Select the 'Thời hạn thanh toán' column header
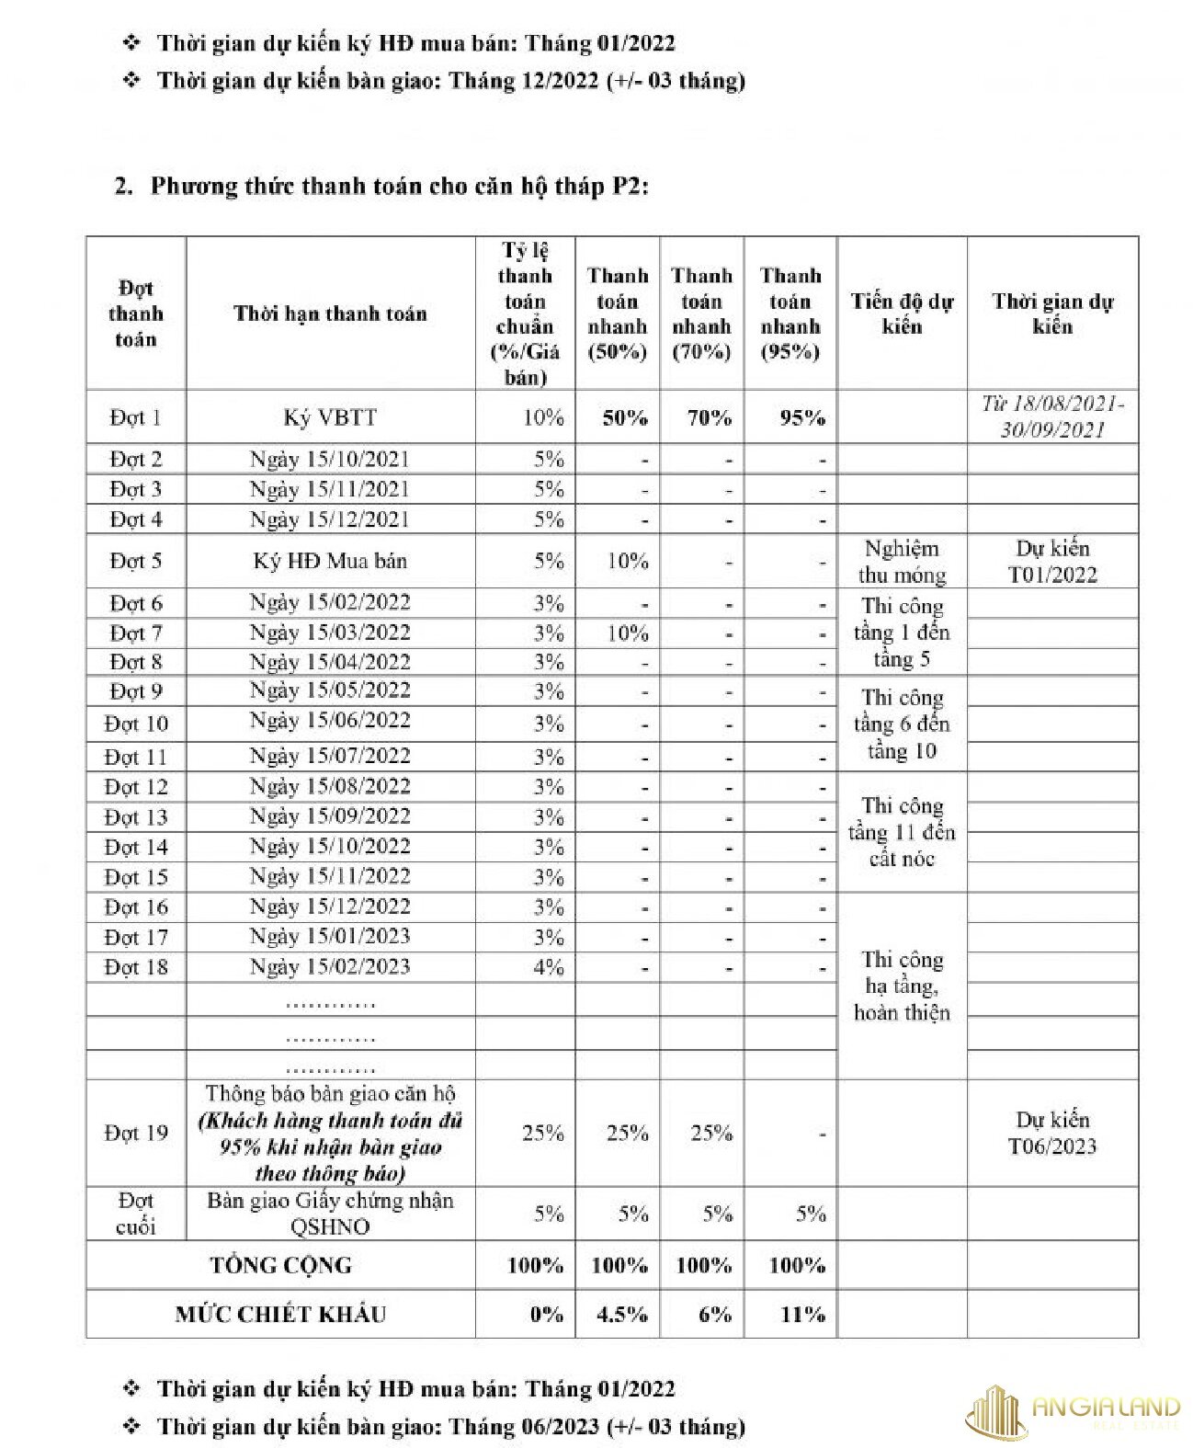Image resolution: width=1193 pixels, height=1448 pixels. point(330,314)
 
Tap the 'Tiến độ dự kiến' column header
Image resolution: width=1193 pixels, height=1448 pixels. point(902,314)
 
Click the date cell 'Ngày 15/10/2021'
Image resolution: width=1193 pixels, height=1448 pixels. point(330,459)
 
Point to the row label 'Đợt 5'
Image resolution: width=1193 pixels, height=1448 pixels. point(135,561)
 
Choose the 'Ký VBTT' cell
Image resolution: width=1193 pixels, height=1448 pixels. point(330,417)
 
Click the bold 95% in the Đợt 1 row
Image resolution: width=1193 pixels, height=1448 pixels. point(801,418)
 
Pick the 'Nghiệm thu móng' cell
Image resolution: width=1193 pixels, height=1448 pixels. point(902,562)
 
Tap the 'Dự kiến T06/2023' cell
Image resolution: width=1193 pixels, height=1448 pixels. point(1051,1133)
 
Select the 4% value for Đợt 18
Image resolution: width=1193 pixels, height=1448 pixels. point(548,967)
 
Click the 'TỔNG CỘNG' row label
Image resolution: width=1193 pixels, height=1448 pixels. point(280,1265)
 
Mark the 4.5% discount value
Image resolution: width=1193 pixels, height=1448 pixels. point(621,1314)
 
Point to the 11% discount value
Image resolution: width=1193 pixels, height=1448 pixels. point(801,1314)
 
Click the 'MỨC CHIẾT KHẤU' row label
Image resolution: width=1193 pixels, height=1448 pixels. point(280,1314)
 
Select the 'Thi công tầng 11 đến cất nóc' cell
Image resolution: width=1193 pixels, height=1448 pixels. point(902,832)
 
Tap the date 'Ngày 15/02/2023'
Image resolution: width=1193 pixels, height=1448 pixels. point(330,966)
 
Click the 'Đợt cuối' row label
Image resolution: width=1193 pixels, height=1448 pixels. point(135,1214)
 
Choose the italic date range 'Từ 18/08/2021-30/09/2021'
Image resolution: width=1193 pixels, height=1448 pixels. point(1051,416)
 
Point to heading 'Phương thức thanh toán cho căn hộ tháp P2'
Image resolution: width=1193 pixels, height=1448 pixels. point(399,186)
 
